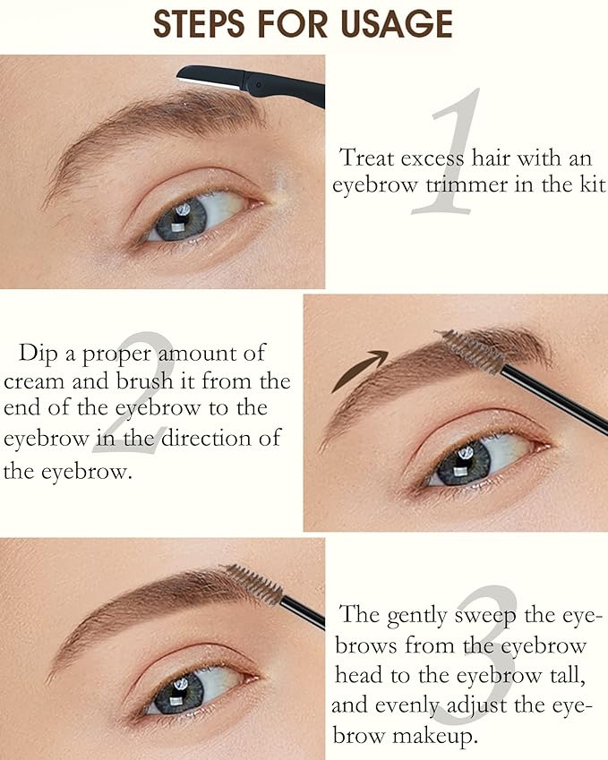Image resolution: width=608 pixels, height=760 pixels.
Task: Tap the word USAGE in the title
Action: click(x=394, y=24)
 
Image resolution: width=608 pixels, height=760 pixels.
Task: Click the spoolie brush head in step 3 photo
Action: click(x=253, y=584)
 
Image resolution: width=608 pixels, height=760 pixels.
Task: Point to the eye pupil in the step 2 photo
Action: click(x=465, y=459)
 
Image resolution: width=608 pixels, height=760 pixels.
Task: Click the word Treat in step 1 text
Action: click(x=366, y=158)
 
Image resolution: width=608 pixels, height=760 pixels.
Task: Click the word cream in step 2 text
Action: click(x=33, y=381)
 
